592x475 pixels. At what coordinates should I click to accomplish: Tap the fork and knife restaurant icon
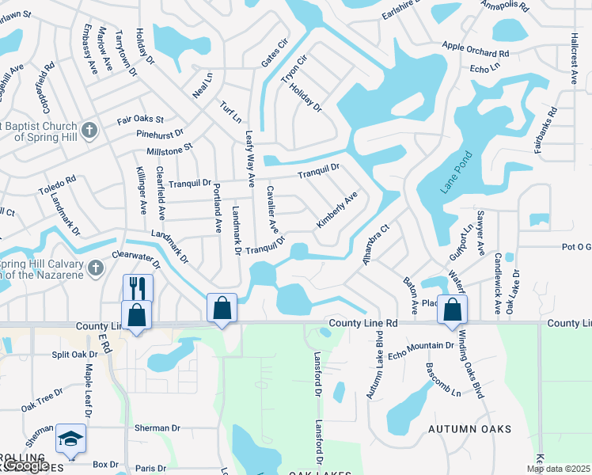(x=138, y=287)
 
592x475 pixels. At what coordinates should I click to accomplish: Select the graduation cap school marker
(x=70, y=439)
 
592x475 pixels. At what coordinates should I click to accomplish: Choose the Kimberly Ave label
(x=337, y=210)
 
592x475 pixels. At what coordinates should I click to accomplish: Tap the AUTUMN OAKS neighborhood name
(x=469, y=429)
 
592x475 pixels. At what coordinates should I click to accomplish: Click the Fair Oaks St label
(x=140, y=120)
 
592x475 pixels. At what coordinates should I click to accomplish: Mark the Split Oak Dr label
(x=74, y=355)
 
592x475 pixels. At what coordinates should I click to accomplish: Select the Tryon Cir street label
(x=293, y=70)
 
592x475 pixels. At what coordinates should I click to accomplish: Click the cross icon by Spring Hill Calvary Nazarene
(x=96, y=267)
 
